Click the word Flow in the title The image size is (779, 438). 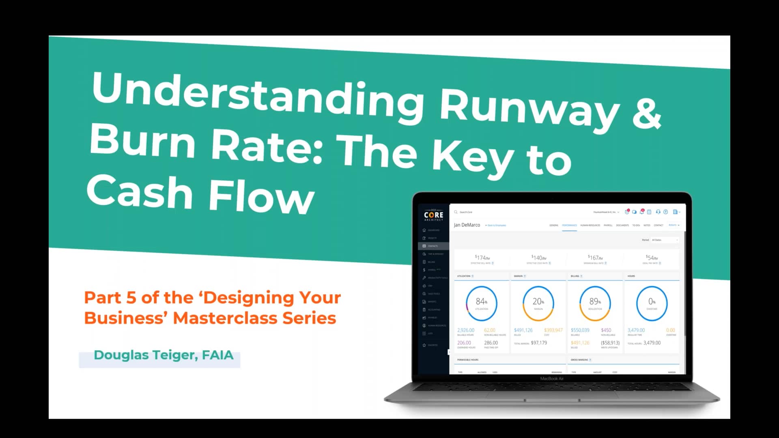pos(262,198)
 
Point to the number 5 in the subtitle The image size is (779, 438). pos(131,298)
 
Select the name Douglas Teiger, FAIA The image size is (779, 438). pos(164,355)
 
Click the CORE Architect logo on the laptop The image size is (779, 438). pos(434,215)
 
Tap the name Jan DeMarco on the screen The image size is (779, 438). pos(467,225)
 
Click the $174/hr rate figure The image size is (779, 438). pos(482,258)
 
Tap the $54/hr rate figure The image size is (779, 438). pos(652,258)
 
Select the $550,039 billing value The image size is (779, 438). pos(580,330)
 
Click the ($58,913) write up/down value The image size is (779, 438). pos(610,343)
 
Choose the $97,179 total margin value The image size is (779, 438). pos(539,343)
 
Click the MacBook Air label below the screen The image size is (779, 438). pos(552,378)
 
